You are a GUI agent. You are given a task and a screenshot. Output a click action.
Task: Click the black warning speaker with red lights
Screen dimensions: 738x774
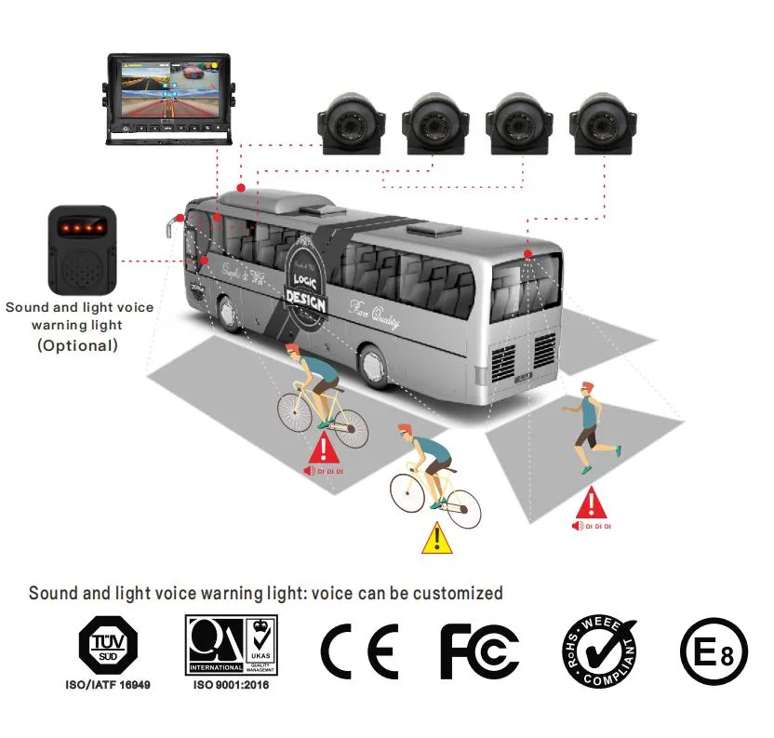click(x=82, y=248)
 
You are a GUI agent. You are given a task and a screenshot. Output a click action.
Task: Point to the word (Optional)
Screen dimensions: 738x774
click(x=78, y=345)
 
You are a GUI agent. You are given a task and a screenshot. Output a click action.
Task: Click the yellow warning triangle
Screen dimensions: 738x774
click(x=434, y=539)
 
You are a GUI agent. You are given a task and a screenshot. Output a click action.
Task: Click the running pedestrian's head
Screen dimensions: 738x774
click(x=583, y=389)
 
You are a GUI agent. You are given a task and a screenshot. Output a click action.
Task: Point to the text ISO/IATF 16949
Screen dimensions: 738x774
click(x=106, y=685)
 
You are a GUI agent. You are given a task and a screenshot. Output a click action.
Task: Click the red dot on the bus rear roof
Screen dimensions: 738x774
click(x=527, y=253)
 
